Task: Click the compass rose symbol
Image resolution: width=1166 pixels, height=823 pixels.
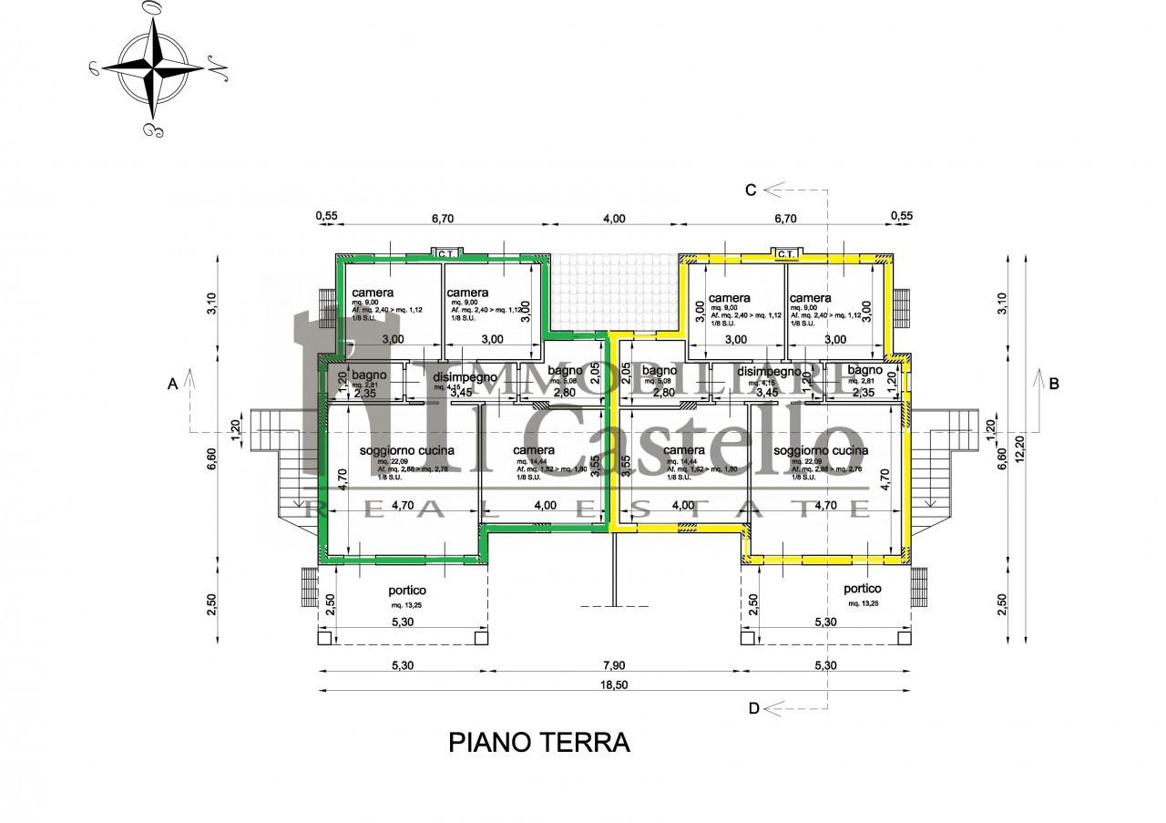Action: point(151,68)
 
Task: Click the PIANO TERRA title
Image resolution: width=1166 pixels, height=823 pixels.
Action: point(539,742)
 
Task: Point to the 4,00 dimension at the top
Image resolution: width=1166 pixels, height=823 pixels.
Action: point(614,219)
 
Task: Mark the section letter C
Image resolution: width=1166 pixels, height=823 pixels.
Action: point(751,190)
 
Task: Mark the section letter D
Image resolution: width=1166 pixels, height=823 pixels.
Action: point(752,708)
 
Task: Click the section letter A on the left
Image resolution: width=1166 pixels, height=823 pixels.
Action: point(171,385)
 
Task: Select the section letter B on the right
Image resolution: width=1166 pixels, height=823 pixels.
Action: point(1054,384)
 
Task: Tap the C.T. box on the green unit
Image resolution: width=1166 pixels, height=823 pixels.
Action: point(445,253)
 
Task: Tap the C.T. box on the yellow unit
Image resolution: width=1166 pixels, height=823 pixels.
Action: point(786,253)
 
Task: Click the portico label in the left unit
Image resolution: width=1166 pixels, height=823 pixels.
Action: point(406,591)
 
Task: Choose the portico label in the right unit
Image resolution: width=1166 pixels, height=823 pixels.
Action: point(861,589)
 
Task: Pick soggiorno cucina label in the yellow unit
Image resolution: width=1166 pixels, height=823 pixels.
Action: point(820,450)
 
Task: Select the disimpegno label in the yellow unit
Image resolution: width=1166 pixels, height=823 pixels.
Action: point(769,371)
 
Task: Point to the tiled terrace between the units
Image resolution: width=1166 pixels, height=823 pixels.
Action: point(614,292)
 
